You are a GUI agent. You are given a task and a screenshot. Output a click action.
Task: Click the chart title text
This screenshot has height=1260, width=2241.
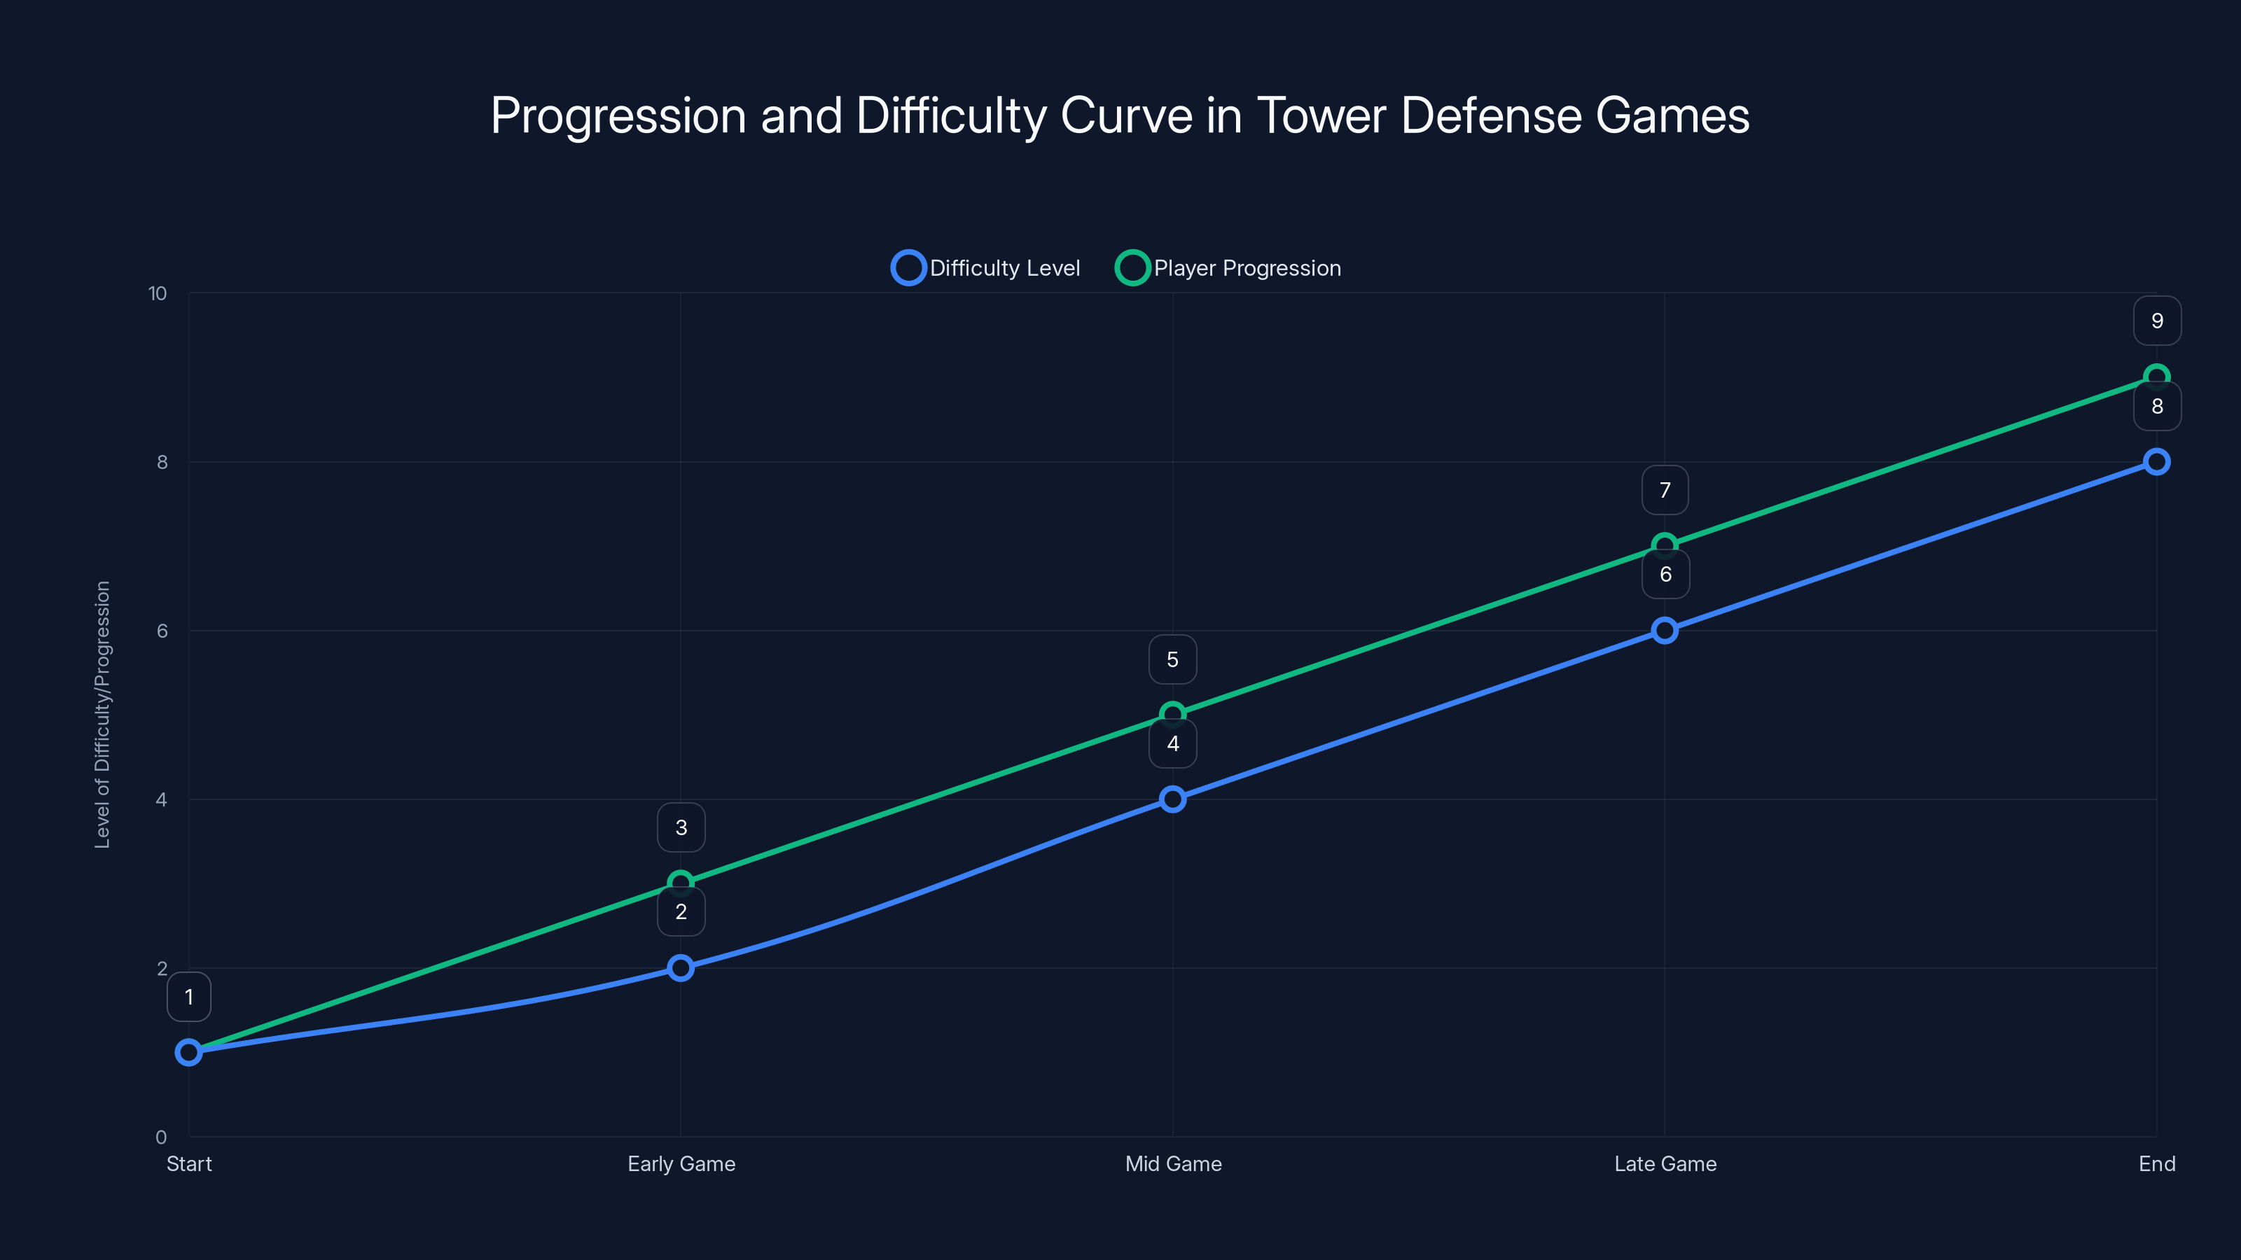point(1120,115)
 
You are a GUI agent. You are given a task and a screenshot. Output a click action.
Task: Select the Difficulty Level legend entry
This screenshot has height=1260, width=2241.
point(985,268)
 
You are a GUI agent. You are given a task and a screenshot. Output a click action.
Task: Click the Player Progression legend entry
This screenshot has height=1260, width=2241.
point(1228,268)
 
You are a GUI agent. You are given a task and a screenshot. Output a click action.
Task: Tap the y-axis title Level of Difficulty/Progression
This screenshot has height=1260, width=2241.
point(103,714)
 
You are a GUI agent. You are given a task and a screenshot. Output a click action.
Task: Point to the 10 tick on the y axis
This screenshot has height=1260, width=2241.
point(158,294)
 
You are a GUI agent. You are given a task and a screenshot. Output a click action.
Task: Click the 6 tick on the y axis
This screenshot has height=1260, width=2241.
point(162,631)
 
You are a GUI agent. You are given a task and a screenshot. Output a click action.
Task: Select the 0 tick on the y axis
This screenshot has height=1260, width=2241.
point(161,1137)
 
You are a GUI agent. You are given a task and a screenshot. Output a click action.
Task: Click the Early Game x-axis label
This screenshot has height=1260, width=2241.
point(681,1163)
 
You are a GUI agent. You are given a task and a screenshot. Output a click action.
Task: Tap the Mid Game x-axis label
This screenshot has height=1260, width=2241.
point(1173,1163)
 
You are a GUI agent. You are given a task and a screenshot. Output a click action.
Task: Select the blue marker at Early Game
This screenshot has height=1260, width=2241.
point(681,968)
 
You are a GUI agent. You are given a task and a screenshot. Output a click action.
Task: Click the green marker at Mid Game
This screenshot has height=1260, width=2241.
point(1173,714)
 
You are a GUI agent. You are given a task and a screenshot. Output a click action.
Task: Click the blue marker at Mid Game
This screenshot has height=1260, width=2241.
point(1173,799)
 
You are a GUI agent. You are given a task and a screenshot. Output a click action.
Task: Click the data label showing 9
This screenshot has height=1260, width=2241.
point(2157,321)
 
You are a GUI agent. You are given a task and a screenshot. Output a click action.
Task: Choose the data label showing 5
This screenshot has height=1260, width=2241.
point(1173,660)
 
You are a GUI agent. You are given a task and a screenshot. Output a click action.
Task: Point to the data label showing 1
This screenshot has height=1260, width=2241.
point(189,997)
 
